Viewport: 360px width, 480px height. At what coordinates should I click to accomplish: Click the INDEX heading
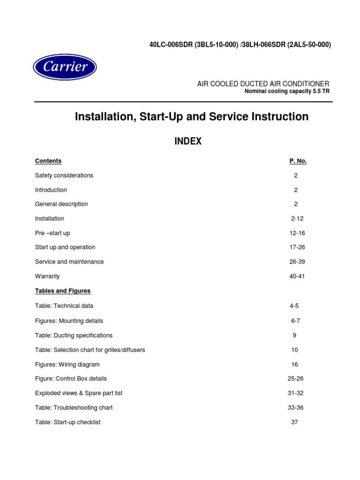[x=188, y=141]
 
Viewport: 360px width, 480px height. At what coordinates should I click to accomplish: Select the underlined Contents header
[x=48, y=161]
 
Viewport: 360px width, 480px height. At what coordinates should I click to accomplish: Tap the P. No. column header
[x=298, y=161]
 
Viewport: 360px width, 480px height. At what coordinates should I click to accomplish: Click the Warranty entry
[x=47, y=276]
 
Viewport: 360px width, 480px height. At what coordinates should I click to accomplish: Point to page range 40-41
[x=297, y=276]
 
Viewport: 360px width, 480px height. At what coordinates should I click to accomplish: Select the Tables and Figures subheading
[x=63, y=291]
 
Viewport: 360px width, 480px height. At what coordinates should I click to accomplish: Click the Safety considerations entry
[x=64, y=175]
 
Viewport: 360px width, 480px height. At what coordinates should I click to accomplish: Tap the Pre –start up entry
[x=52, y=233]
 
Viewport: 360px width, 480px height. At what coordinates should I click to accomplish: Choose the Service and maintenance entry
[x=69, y=262]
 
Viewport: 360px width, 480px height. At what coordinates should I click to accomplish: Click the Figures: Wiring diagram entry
[x=67, y=364]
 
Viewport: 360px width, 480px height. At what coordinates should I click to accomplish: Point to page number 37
[x=294, y=422]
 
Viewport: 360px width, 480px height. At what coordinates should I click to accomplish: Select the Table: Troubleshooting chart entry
[x=74, y=407]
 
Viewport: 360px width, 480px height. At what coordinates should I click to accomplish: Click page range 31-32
[x=296, y=393]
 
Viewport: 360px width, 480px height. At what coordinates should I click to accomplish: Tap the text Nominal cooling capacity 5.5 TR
[x=287, y=91]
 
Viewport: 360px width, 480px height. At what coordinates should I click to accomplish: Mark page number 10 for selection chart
[x=294, y=350]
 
